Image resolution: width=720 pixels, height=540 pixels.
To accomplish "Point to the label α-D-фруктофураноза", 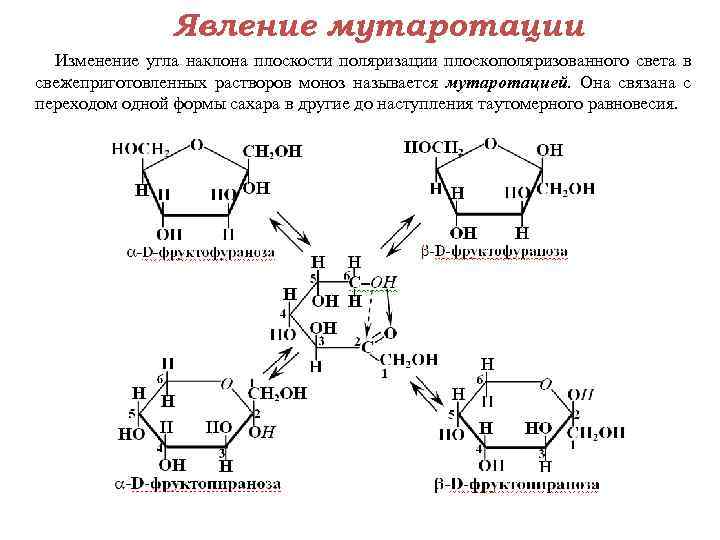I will pos(201,253).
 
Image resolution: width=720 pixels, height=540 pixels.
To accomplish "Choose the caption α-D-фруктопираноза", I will pos(198,484).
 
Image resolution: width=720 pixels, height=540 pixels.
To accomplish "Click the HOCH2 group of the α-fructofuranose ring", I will pos(141,148).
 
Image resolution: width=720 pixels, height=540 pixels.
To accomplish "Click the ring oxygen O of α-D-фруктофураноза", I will pos(197,144).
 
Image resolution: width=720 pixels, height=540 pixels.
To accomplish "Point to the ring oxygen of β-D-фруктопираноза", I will pos(545,383).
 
